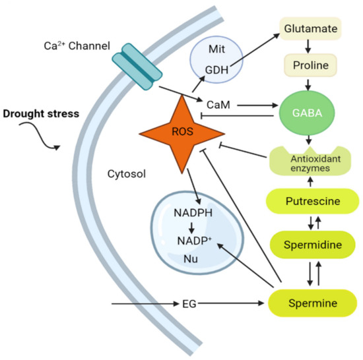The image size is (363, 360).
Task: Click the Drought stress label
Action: [x=41, y=113]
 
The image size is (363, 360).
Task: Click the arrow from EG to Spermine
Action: [x=231, y=304]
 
